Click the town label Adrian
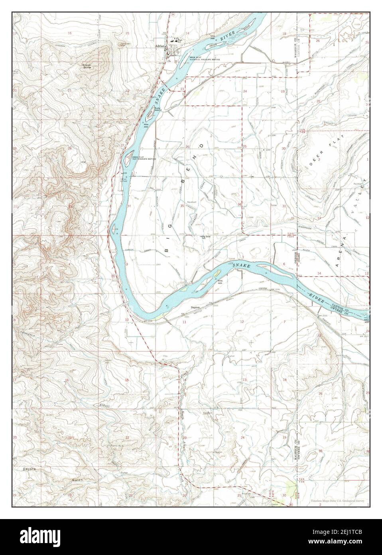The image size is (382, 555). tap(161, 46)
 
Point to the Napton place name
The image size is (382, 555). tap(195, 307)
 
